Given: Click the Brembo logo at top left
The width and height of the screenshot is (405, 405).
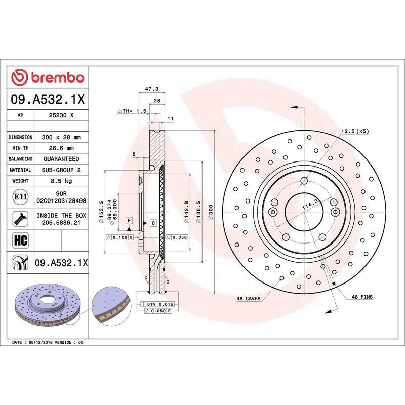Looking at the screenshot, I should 48,78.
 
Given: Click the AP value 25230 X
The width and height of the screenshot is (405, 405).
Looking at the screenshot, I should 61,115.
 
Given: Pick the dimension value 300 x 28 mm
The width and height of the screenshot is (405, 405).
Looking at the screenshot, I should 61,137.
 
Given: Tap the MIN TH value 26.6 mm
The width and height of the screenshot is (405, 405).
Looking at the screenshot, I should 61,148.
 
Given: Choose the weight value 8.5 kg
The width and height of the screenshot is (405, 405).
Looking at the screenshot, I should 61,181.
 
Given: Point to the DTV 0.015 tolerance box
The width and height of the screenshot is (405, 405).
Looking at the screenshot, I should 159,303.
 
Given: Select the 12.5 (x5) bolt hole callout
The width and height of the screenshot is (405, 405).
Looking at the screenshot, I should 354,131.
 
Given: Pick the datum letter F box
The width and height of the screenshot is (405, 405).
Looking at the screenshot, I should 130,221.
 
